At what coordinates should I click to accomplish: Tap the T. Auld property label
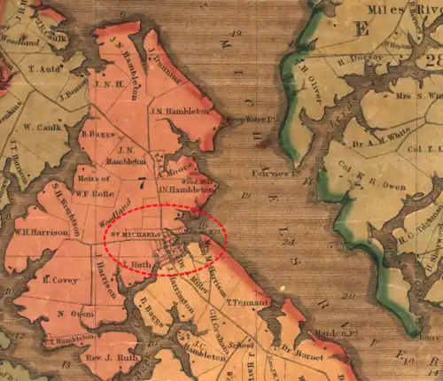point(43,68)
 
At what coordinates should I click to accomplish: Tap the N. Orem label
point(75,313)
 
